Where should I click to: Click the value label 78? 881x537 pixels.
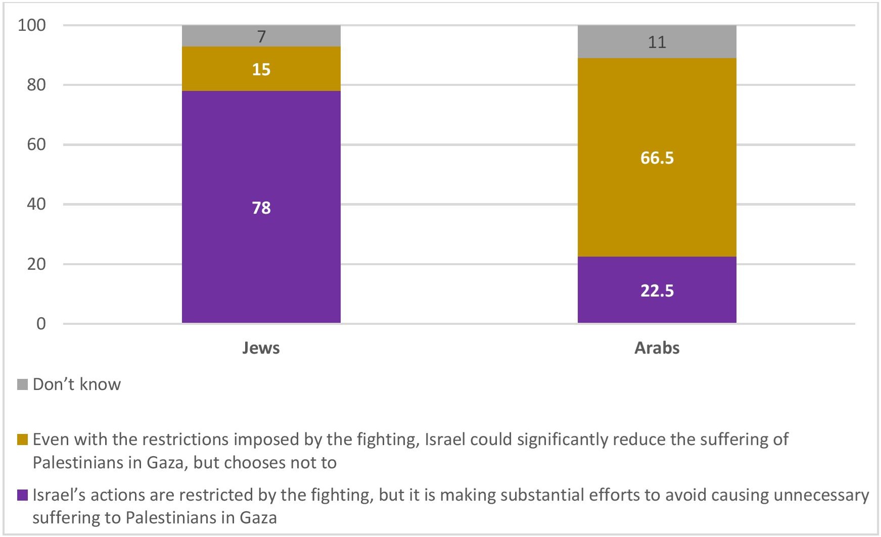click(261, 208)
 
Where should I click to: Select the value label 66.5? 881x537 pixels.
click(657, 158)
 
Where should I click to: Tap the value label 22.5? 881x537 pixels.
click(657, 291)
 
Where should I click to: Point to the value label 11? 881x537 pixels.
click(657, 42)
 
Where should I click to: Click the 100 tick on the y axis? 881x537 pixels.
click(32, 25)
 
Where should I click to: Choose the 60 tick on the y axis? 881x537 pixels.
click(36, 144)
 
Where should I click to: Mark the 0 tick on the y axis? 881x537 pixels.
click(41, 324)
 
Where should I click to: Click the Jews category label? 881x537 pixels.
click(261, 348)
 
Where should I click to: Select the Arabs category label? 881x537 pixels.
click(657, 348)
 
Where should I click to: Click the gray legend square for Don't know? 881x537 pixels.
click(22, 384)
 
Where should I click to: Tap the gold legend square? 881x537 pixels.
click(22, 440)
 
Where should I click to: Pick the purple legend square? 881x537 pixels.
click(22, 495)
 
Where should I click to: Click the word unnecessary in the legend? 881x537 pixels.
click(821, 495)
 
